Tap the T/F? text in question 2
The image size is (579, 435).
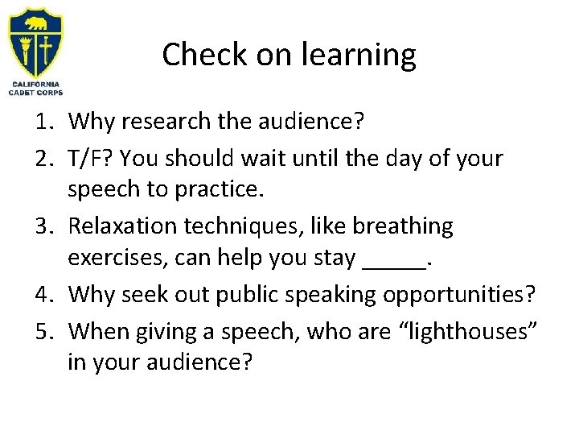click(92, 159)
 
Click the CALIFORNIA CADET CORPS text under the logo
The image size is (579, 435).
click(35, 88)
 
